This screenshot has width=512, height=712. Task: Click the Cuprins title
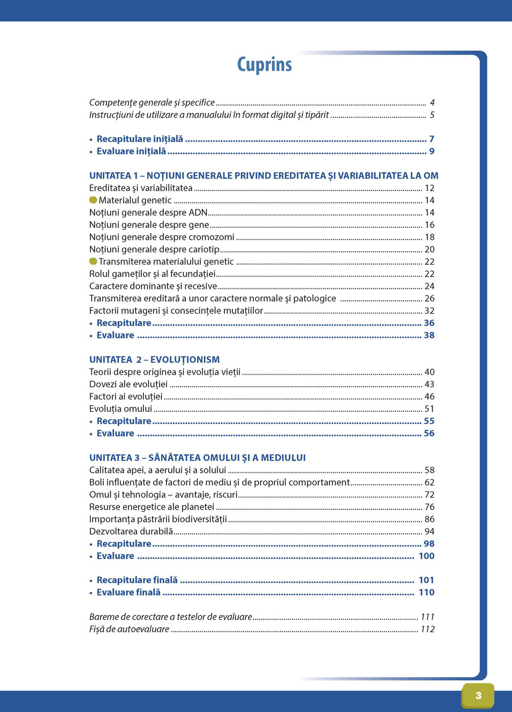[x=264, y=65]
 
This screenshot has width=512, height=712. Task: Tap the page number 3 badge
[x=478, y=695]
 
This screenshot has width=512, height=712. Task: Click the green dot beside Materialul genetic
[x=93, y=200]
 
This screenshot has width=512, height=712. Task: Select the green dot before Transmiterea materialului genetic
[x=93, y=261]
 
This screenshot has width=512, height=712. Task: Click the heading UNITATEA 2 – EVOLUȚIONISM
[x=154, y=360]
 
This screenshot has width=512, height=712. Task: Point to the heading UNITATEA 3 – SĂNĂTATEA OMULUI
[x=197, y=457]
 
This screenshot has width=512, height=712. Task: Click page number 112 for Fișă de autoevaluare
[x=428, y=629]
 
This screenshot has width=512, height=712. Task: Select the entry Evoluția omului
[x=120, y=409]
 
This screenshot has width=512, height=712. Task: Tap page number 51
[x=429, y=409]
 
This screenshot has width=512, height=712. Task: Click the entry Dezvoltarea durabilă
[x=131, y=531]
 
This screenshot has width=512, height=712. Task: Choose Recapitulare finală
[x=137, y=580]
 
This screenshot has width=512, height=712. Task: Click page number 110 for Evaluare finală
[x=426, y=592]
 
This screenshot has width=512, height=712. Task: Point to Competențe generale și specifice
[x=152, y=102]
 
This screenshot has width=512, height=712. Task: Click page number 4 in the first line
[x=432, y=102]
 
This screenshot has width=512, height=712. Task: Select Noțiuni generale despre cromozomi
[x=161, y=237]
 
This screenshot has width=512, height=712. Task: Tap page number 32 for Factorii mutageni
[x=429, y=310]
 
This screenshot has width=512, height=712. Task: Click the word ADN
[x=198, y=212]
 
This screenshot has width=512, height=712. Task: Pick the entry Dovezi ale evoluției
[x=128, y=384]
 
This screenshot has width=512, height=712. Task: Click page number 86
[x=429, y=519]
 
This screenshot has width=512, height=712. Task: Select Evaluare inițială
[x=131, y=151]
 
